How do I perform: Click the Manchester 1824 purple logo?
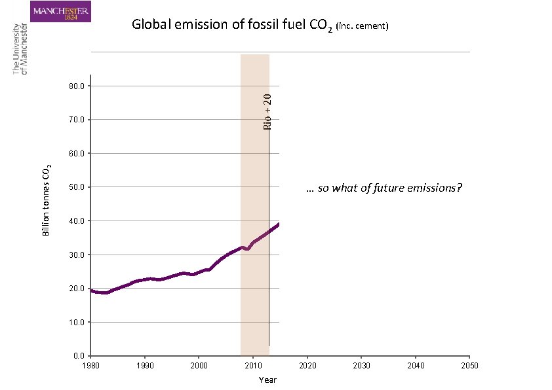[x=61, y=12]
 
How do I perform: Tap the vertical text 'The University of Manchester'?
[x=20, y=49]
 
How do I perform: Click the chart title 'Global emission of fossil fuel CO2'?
[x=232, y=25]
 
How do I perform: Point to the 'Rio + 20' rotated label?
[x=267, y=111]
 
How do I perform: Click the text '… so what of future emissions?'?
[x=384, y=188]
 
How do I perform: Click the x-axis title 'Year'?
[x=267, y=380]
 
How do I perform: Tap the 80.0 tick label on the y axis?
[x=75, y=86]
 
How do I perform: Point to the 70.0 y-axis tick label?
[x=75, y=120]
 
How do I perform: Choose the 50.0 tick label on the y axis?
[x=75, y=187]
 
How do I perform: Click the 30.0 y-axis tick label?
[x=75, y=255]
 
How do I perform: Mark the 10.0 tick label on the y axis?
[x=75, y=322]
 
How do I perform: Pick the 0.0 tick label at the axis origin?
[x=77, y=356]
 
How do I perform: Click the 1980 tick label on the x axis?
[x=90, y=366]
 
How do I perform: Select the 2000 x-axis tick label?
[x=199, y=366]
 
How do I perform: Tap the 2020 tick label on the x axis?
[x=307, y=366]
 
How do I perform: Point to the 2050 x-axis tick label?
[x=469, y=366]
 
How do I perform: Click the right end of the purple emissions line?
[x=278, y=224]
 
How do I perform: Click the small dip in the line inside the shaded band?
[x=247, y=249]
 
